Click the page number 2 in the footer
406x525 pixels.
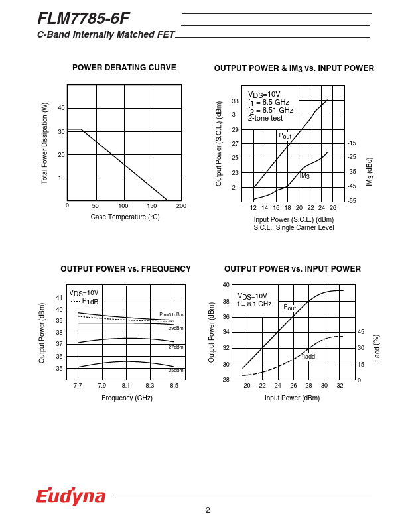[x=208, y=510]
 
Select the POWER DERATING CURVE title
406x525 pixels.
[x=124, y=68]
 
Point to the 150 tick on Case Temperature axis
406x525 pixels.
[x=152, y=206]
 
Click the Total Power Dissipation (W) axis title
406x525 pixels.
[x=44, y=143]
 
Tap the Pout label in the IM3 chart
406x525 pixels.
[x=285, y=136]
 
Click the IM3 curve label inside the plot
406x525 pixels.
[x=304, y=176]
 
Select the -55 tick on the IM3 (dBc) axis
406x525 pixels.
[x=352, y=200]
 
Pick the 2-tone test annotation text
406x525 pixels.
[x=265, y=118]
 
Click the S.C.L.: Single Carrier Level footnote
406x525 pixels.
[x=293, y=228]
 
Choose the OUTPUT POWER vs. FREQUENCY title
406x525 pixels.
[x=125, y=269]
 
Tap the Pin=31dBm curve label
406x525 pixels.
[x=171, y=314]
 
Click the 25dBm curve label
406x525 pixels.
[x=175, y=370]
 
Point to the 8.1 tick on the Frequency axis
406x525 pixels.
[x=126, y=385]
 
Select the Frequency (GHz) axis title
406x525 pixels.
[x=127, y=398]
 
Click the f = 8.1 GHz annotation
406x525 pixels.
[x=254, y=304]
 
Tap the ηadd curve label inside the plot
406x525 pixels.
[x=308, y=356]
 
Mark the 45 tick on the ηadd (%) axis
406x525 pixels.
[x=361, y=332]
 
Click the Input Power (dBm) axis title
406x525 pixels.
[x=292, y=398]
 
